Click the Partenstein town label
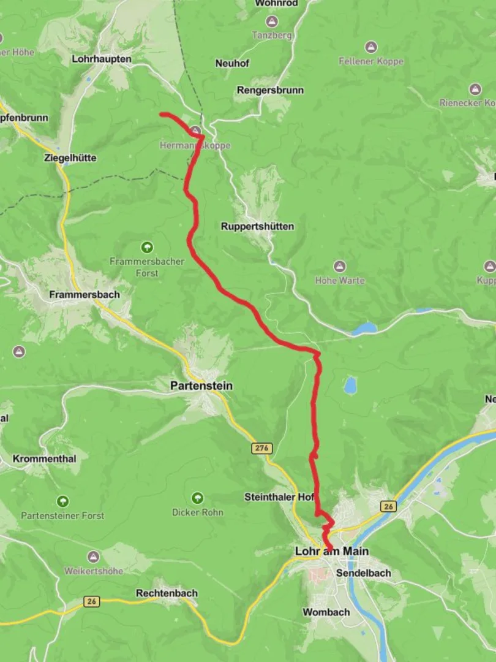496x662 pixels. click(201, 386)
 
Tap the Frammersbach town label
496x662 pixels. click(85, 294)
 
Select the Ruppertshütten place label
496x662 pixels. click(257, 226)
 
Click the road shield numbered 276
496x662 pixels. click(261, 449)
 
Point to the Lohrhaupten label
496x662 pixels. click(102, 59)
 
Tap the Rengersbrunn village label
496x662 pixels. click(270, 90)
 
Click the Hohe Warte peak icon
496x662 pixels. click(340, 267)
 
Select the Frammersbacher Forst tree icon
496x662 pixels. click(147, 248)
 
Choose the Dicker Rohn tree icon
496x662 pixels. click(197, 498)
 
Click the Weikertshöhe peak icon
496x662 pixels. click(94, 557)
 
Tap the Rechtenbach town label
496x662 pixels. click(167, 593)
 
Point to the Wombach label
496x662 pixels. click(326, 612)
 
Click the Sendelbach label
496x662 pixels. click(364, 573)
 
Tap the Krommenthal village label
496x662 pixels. click(44, 458)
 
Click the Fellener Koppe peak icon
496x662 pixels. click(371, 47)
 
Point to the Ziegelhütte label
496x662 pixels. click(70, 158)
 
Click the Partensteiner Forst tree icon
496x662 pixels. click(62, 501)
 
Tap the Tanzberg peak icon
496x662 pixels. click(272, 21)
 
